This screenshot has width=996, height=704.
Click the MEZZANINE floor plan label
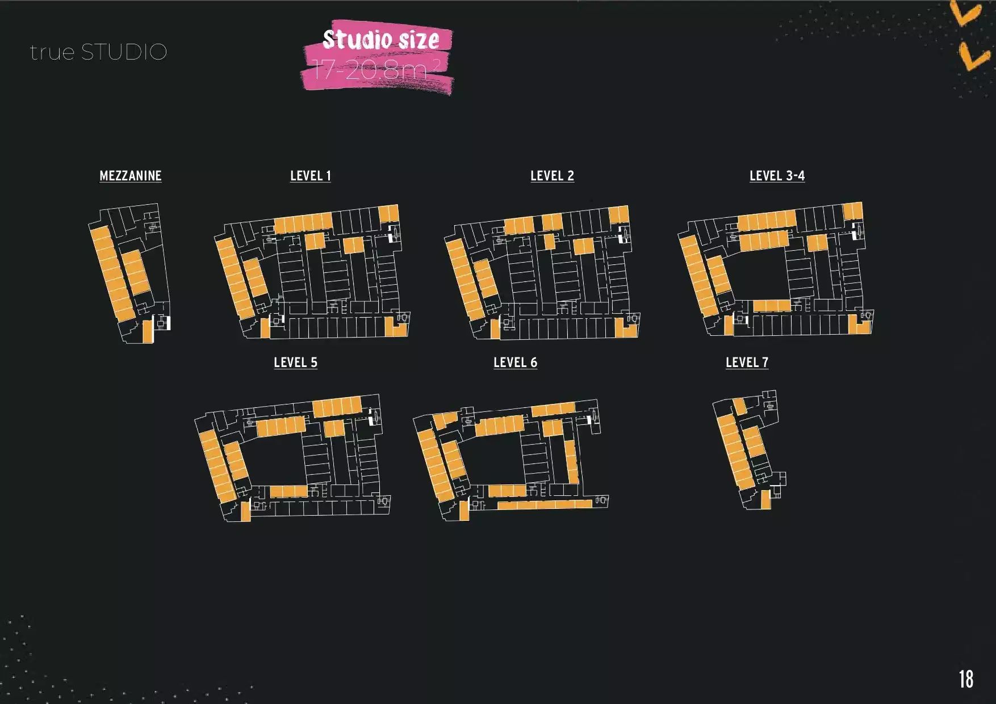[131, 176]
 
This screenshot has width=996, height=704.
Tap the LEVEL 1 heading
[310, 176]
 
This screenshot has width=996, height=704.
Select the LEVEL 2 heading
[552, 176]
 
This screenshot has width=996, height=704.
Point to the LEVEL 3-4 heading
[777, 176]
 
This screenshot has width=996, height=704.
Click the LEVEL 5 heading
[295, 362]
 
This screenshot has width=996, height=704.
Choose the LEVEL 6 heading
[515, 362]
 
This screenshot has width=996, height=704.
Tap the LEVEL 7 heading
[747, 362]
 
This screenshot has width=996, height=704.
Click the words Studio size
[380, 40]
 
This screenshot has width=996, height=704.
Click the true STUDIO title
[98, 52]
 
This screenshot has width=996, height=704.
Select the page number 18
[966, 679]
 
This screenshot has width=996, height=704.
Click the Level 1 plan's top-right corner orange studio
[388, 214]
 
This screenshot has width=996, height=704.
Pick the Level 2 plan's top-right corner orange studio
[618, 214]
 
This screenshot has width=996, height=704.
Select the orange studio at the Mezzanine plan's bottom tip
[148, 331]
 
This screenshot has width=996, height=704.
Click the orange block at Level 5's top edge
[337, 406]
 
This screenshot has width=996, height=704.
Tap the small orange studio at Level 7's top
[739, 406]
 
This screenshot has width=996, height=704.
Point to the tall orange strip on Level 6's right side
[571, 461]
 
